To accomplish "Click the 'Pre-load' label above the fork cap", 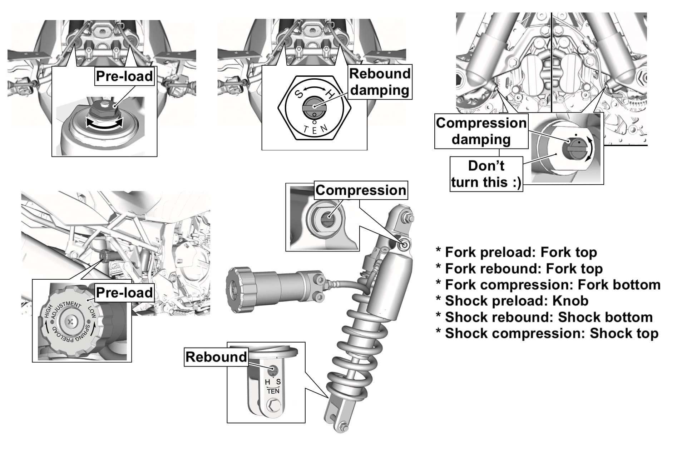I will [x=124, y=76].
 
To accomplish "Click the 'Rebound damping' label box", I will [x=380, y=82].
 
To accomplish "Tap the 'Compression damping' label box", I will [x=481, y=131].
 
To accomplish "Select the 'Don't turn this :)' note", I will [x=486, y=174].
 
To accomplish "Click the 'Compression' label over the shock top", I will [x=361, y=190].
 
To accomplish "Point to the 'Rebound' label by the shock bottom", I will [x=216, y=357].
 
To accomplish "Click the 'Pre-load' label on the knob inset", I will [x=124, y=293].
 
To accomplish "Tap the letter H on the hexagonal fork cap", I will [x=331, y=95].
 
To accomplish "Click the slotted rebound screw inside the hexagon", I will [x=314, y=106].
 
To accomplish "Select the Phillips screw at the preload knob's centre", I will [x=70, y=323].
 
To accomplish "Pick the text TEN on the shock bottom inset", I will [x=273, y=391].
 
